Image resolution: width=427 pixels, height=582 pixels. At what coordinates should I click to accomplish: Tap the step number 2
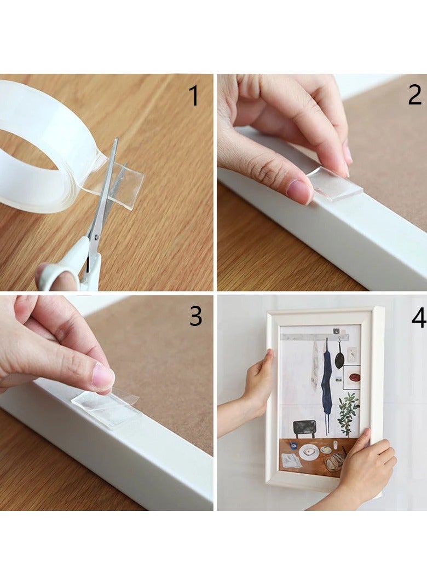(x=415, y=95)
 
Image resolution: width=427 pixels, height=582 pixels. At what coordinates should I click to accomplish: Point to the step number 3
(x=195, y=316)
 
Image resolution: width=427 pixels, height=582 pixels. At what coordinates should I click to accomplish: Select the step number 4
(x=418, y=318)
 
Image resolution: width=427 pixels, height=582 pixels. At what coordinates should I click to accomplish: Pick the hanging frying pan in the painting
(x=340, y=358)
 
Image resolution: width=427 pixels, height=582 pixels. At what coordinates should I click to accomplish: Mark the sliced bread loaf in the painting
(x=333, y=462)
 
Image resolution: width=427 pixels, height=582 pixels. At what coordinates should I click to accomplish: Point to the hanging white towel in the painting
(x=315, y=372)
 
